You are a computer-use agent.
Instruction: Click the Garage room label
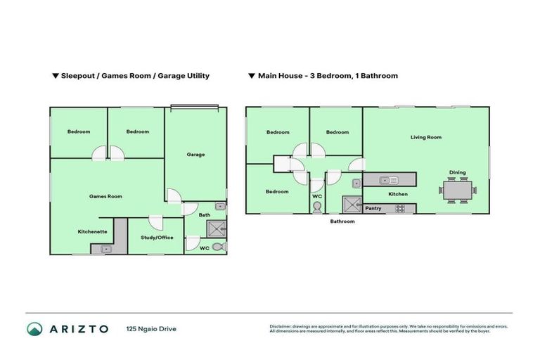195,155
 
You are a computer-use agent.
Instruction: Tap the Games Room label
105,196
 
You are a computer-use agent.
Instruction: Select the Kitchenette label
92,231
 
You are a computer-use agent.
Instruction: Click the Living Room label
425,137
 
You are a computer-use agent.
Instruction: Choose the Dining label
458,172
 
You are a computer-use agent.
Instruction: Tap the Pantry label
373,208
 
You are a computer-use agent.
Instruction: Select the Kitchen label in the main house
399,194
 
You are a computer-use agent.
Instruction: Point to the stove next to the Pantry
400,208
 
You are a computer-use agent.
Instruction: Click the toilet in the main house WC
317,207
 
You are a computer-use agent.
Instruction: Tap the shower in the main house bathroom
351,205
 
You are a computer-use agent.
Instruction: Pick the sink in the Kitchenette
106,248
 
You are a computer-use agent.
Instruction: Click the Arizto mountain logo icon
34,328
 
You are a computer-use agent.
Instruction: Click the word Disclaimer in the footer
281,326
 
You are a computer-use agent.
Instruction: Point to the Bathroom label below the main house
343,221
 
